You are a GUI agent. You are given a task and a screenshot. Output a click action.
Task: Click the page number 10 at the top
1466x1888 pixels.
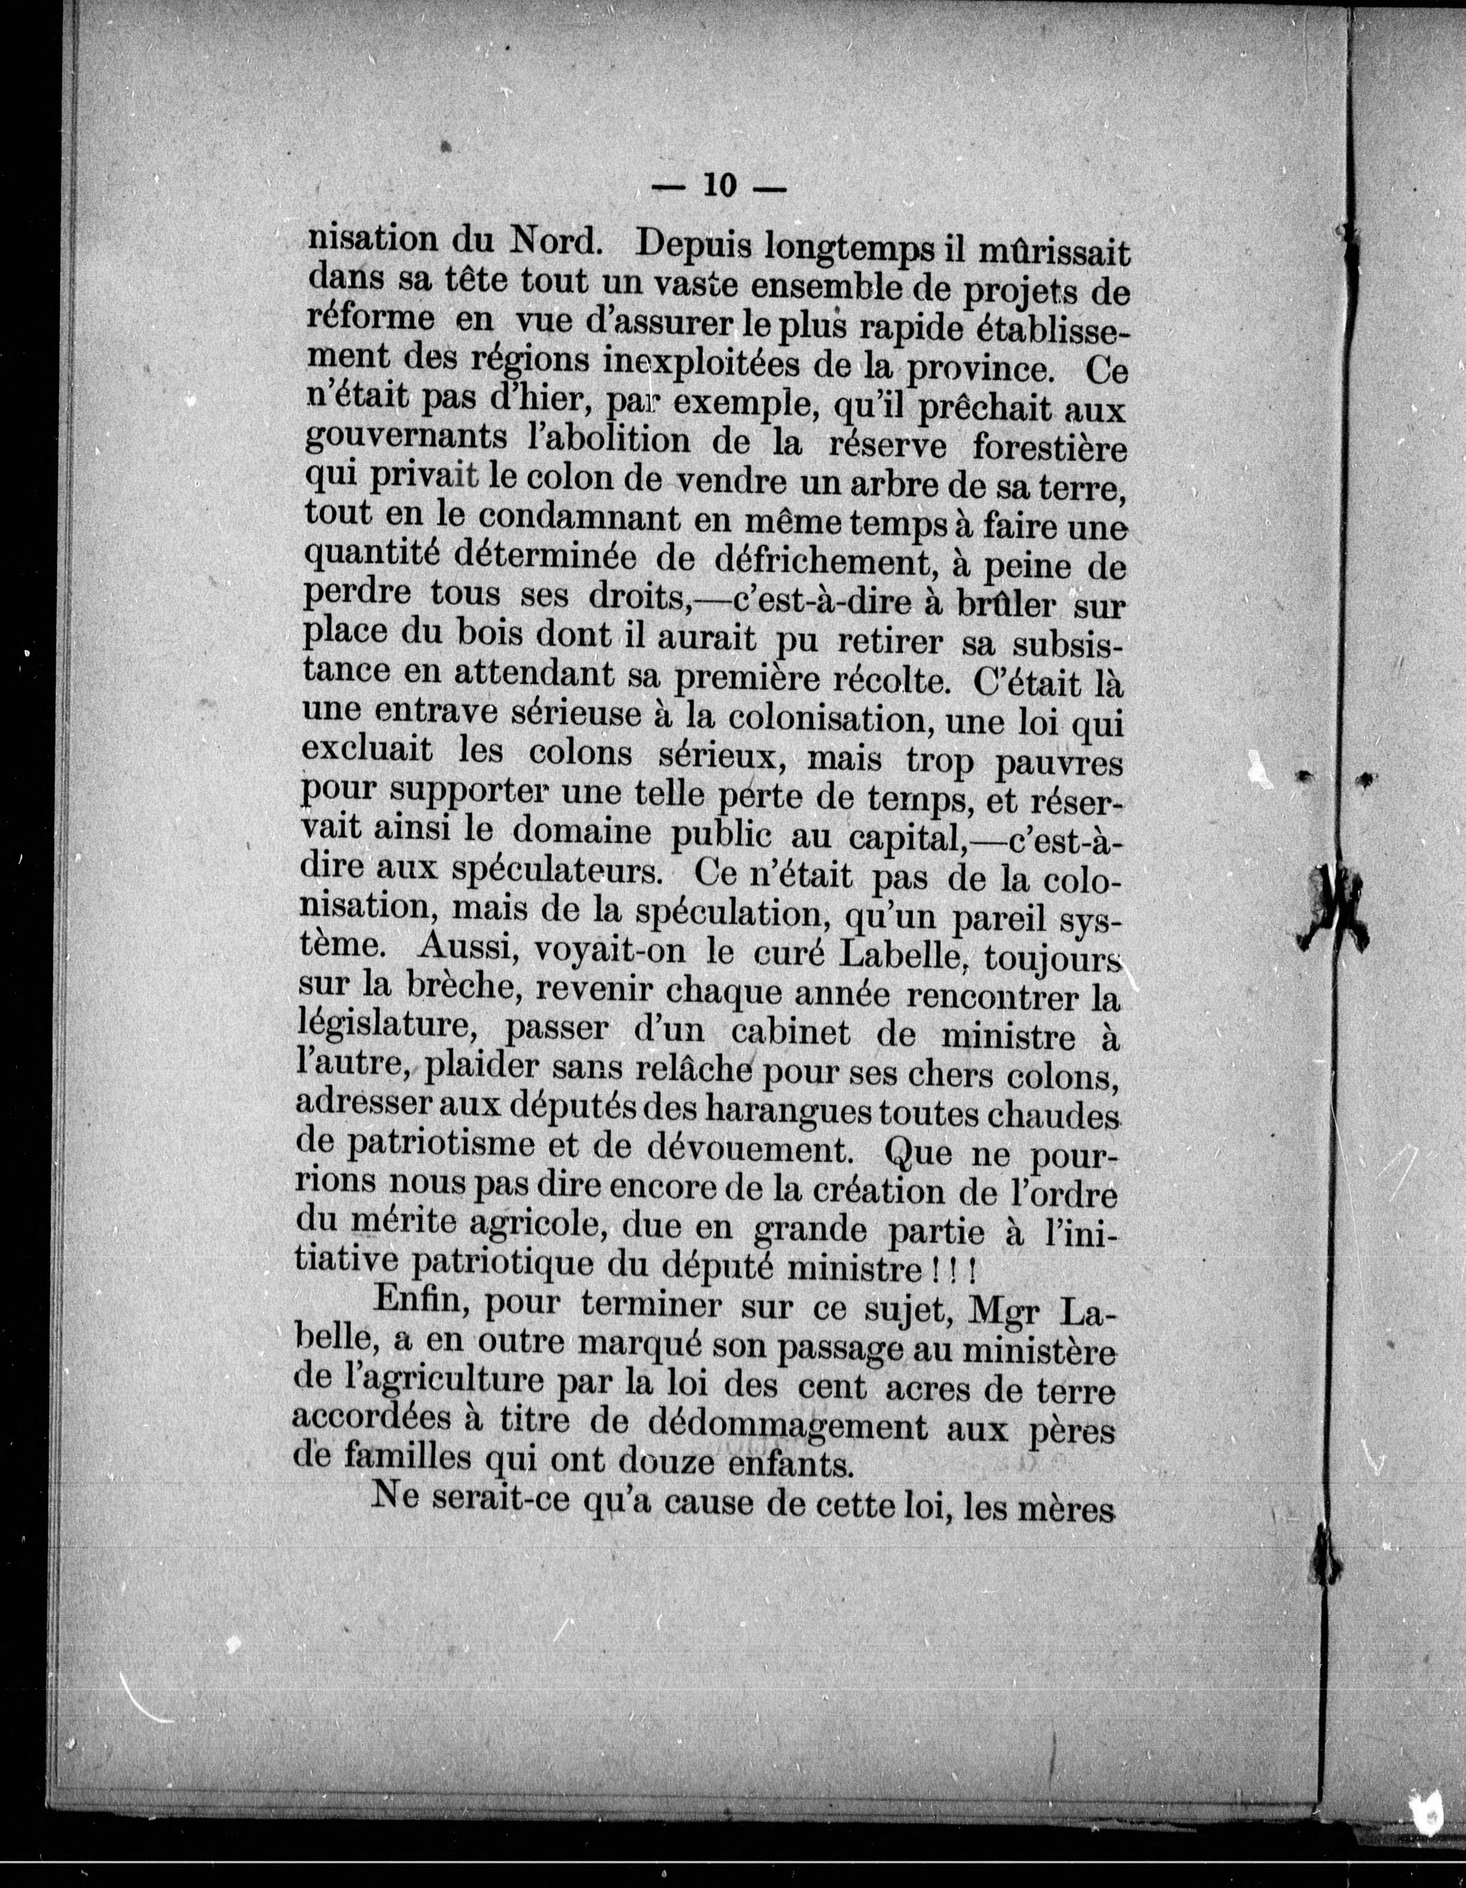tap(719, 185)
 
